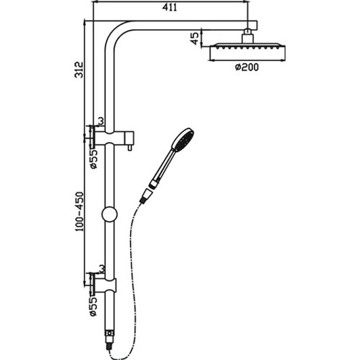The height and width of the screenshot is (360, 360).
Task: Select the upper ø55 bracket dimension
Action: (x=95, y=158)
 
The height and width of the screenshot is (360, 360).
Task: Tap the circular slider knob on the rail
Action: (x=108, y=217)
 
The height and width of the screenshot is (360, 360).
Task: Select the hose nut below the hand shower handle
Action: (x=145, y=197)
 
